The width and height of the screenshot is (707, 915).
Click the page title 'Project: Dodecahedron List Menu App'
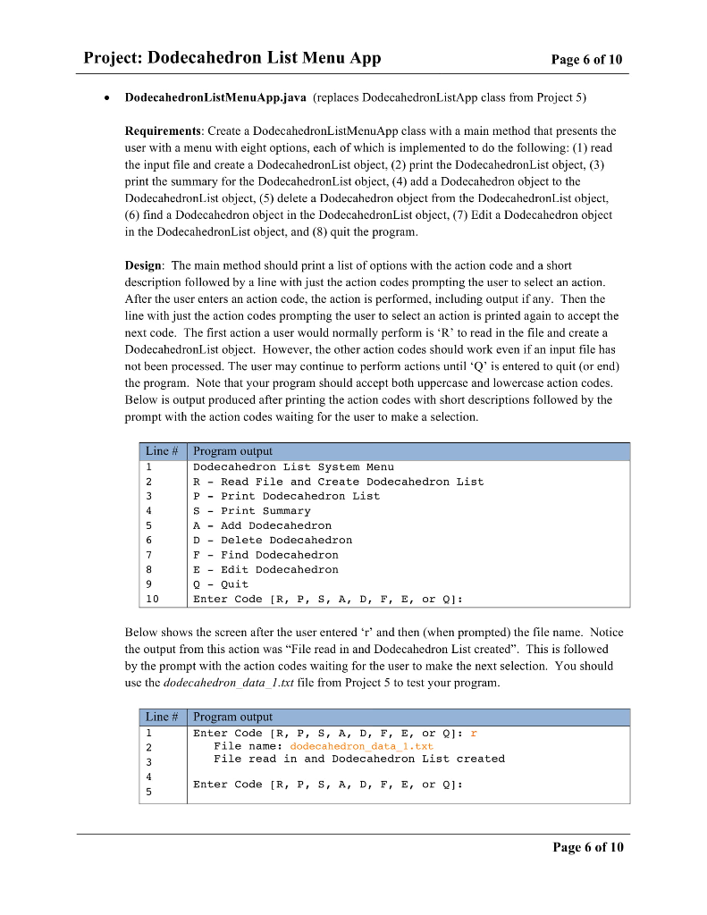click(232, 59)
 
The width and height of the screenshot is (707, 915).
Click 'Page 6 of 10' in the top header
click(586, 60)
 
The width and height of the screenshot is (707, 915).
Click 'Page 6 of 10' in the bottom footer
click(587, 847)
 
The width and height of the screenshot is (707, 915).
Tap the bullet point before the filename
click(107, 97)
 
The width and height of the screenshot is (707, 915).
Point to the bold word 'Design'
click(144, 266)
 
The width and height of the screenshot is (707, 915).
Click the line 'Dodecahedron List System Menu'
click(293, 466)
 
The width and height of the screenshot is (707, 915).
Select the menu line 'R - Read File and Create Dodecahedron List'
click(338, 482)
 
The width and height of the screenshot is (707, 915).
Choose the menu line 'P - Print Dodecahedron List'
click(286, 496)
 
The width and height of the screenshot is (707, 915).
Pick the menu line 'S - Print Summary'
click(251, 511)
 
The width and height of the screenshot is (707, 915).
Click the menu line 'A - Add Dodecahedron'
click(262, 525)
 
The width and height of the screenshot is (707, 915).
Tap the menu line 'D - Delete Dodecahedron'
click(273, 540)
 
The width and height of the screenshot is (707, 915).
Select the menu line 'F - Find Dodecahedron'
click(265, 555)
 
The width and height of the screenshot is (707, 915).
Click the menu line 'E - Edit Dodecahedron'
click(265, 569)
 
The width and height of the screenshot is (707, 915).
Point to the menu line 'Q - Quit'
click(221, 584)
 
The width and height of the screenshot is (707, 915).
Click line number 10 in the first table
click(152, 599)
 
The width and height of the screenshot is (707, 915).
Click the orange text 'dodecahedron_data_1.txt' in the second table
click(361, 745)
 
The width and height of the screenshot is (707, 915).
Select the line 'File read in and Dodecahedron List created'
click(358, 759)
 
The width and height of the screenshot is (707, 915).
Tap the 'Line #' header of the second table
click(163, 717)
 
